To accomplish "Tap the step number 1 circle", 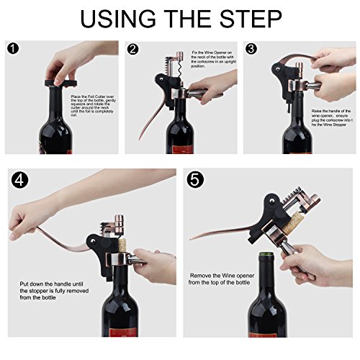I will [x=14, y=50].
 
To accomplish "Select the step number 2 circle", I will [x=133, y=50].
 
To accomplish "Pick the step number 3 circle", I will [x=251, y=50].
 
